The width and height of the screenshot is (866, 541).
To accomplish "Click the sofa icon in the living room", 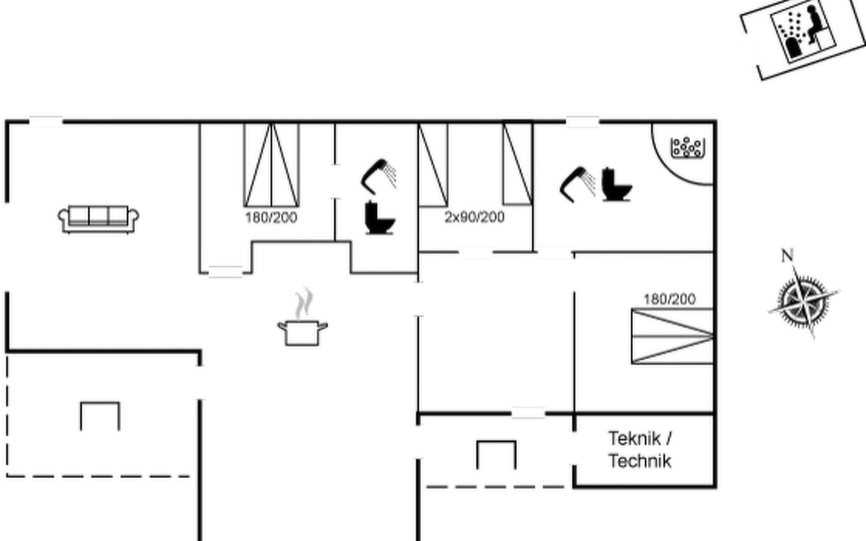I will point(98,219).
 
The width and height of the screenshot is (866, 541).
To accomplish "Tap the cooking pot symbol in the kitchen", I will point(302,333).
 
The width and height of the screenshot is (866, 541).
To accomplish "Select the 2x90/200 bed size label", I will point(474,217).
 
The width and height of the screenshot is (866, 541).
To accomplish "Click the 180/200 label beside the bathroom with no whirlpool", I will point(271,218).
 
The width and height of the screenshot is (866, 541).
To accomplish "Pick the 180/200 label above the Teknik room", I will point(669,299).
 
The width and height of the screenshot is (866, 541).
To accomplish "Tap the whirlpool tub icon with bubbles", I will point(688,147).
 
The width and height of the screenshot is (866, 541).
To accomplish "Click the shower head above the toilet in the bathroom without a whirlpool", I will point(378,176).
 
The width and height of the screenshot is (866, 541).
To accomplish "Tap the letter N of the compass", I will point(787,256).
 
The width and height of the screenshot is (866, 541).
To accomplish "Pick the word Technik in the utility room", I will point(640,461).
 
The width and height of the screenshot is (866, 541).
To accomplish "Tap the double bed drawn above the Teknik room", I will point(672,336).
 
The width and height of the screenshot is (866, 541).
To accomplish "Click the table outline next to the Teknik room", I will point(496,454).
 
